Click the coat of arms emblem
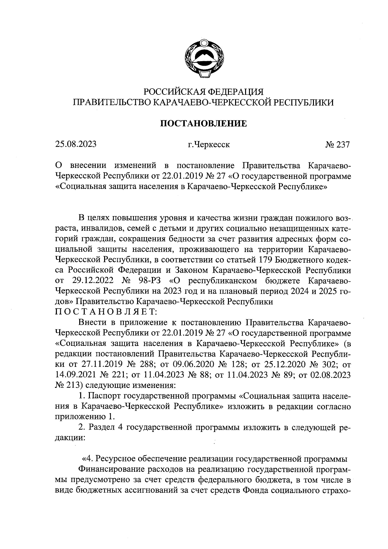point(203,59)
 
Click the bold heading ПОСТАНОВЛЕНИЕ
point(203,124)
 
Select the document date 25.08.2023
point(76,144)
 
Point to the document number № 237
point(338,145)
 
